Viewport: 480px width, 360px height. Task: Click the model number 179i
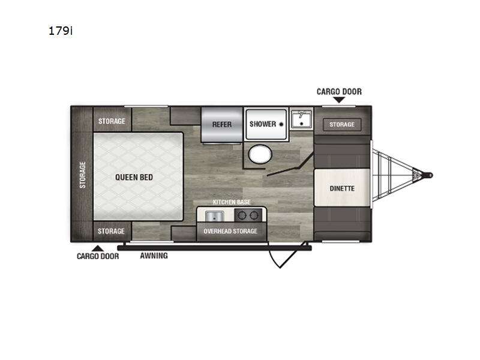[x=61, y=31]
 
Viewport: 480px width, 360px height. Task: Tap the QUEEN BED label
[x=134, y=177]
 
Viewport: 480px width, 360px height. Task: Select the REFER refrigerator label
[x=222, y=125]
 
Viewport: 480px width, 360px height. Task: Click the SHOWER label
[x=263, y=124]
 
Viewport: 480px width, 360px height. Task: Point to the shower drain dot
[x=281, y=124]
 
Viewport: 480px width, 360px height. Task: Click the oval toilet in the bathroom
[x=260, y=154]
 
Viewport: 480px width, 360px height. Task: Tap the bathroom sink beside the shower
[x=301, y=119]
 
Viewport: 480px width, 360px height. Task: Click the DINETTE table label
[x=342, y=188]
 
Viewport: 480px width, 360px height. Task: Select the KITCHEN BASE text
[x=232, y=202]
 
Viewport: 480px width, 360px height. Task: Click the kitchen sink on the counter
[x=214, y=217]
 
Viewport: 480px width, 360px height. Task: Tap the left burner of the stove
[x=242, y=215]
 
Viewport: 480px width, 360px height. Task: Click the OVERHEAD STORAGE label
[x=230, y=231]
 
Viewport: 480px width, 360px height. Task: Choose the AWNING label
[x=154, y=256]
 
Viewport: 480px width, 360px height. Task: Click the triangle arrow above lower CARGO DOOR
[x=98, y=248]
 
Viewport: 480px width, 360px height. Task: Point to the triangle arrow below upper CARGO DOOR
[x=339, y=100]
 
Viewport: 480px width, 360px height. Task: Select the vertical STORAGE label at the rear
[x=82, y=175]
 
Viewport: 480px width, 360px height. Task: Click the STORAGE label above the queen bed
[x=112, y=121]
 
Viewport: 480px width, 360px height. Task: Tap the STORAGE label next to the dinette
[x=342, y=125]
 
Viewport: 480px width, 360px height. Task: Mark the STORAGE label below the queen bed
[x=111, y=231]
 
